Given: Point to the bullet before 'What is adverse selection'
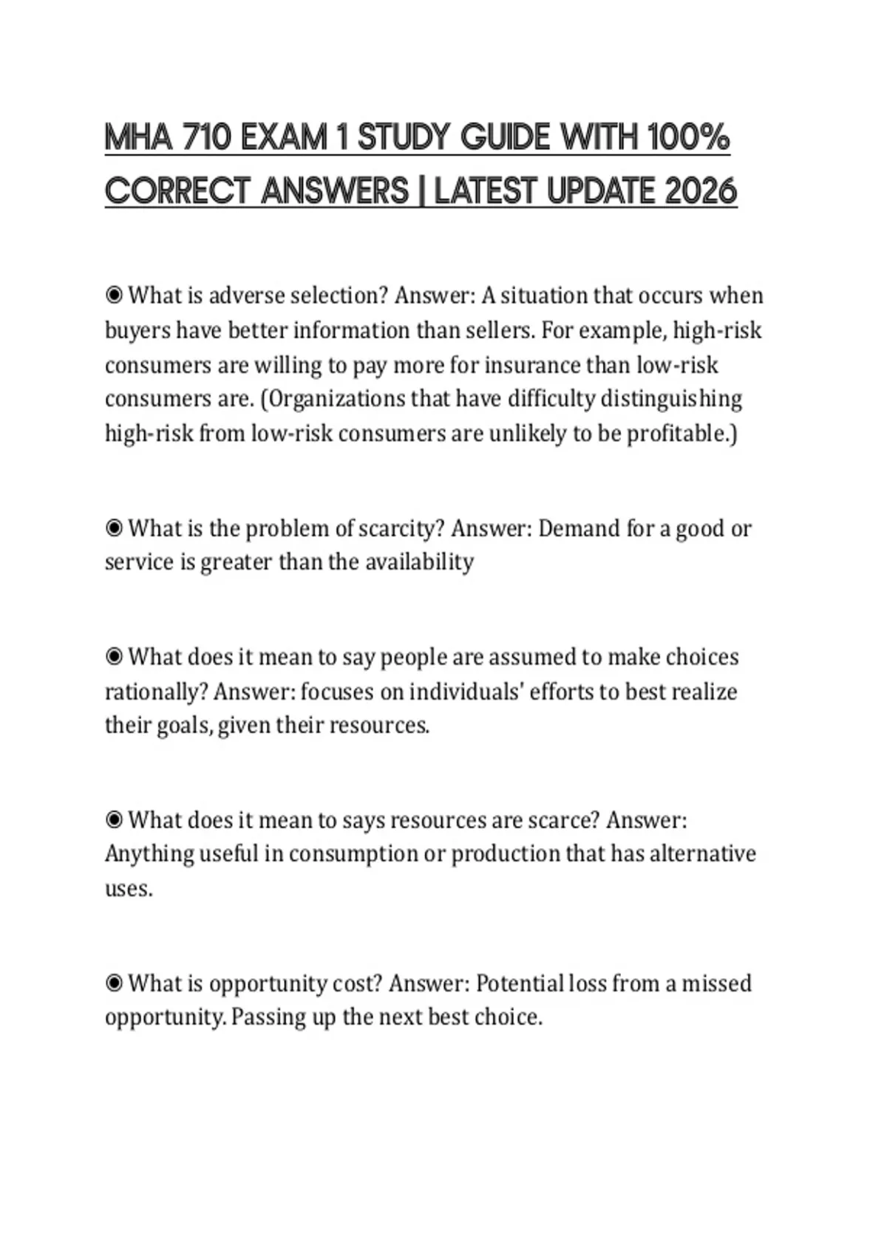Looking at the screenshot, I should coord(114,296).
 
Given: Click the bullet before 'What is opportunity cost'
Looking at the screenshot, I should coord(114,983).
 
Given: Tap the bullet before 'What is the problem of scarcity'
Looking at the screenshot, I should coord(114,528).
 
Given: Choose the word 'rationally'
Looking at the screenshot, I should coord(156,692).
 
